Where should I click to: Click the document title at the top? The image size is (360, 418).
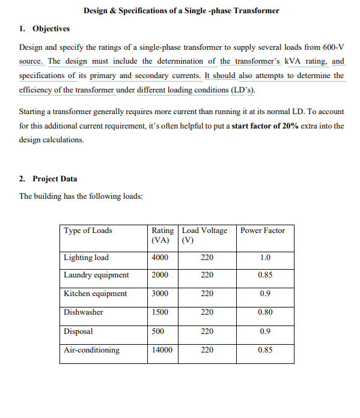click(x=181, y=11)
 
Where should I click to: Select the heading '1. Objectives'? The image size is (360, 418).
click(x=44, y=29)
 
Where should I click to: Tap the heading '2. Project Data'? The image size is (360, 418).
click(x=48, y=179)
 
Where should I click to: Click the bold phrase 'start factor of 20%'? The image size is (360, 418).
click(x=265, y=126)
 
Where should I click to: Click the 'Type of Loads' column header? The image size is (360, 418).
click(x=88, y=231)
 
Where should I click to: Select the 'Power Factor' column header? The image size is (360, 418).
click(x=263, y=231)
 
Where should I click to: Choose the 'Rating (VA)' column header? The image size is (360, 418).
click(x=163, y=235)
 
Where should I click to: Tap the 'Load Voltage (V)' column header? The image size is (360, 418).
click(x=205, y=235)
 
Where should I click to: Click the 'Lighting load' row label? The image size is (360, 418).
click(x=87, y=258)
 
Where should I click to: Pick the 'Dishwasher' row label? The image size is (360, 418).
click(x=84, y=312)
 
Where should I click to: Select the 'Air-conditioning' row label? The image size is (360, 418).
click(x=91, y=350)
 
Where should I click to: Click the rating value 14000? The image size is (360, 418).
click(x=162, y=350)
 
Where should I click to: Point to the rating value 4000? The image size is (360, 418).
click(x=160, y=258)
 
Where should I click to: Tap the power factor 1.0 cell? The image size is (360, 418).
click(x=264, y=258)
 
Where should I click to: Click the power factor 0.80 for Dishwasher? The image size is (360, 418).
click(x=264, y=312)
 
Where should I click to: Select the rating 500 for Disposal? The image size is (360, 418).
click(x=159, y=331)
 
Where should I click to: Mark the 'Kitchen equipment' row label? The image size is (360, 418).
click(x=96, y=294)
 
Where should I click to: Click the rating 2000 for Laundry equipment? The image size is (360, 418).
click(x=160, y=275)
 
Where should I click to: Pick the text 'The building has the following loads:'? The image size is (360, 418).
click(x=81, y=196)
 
